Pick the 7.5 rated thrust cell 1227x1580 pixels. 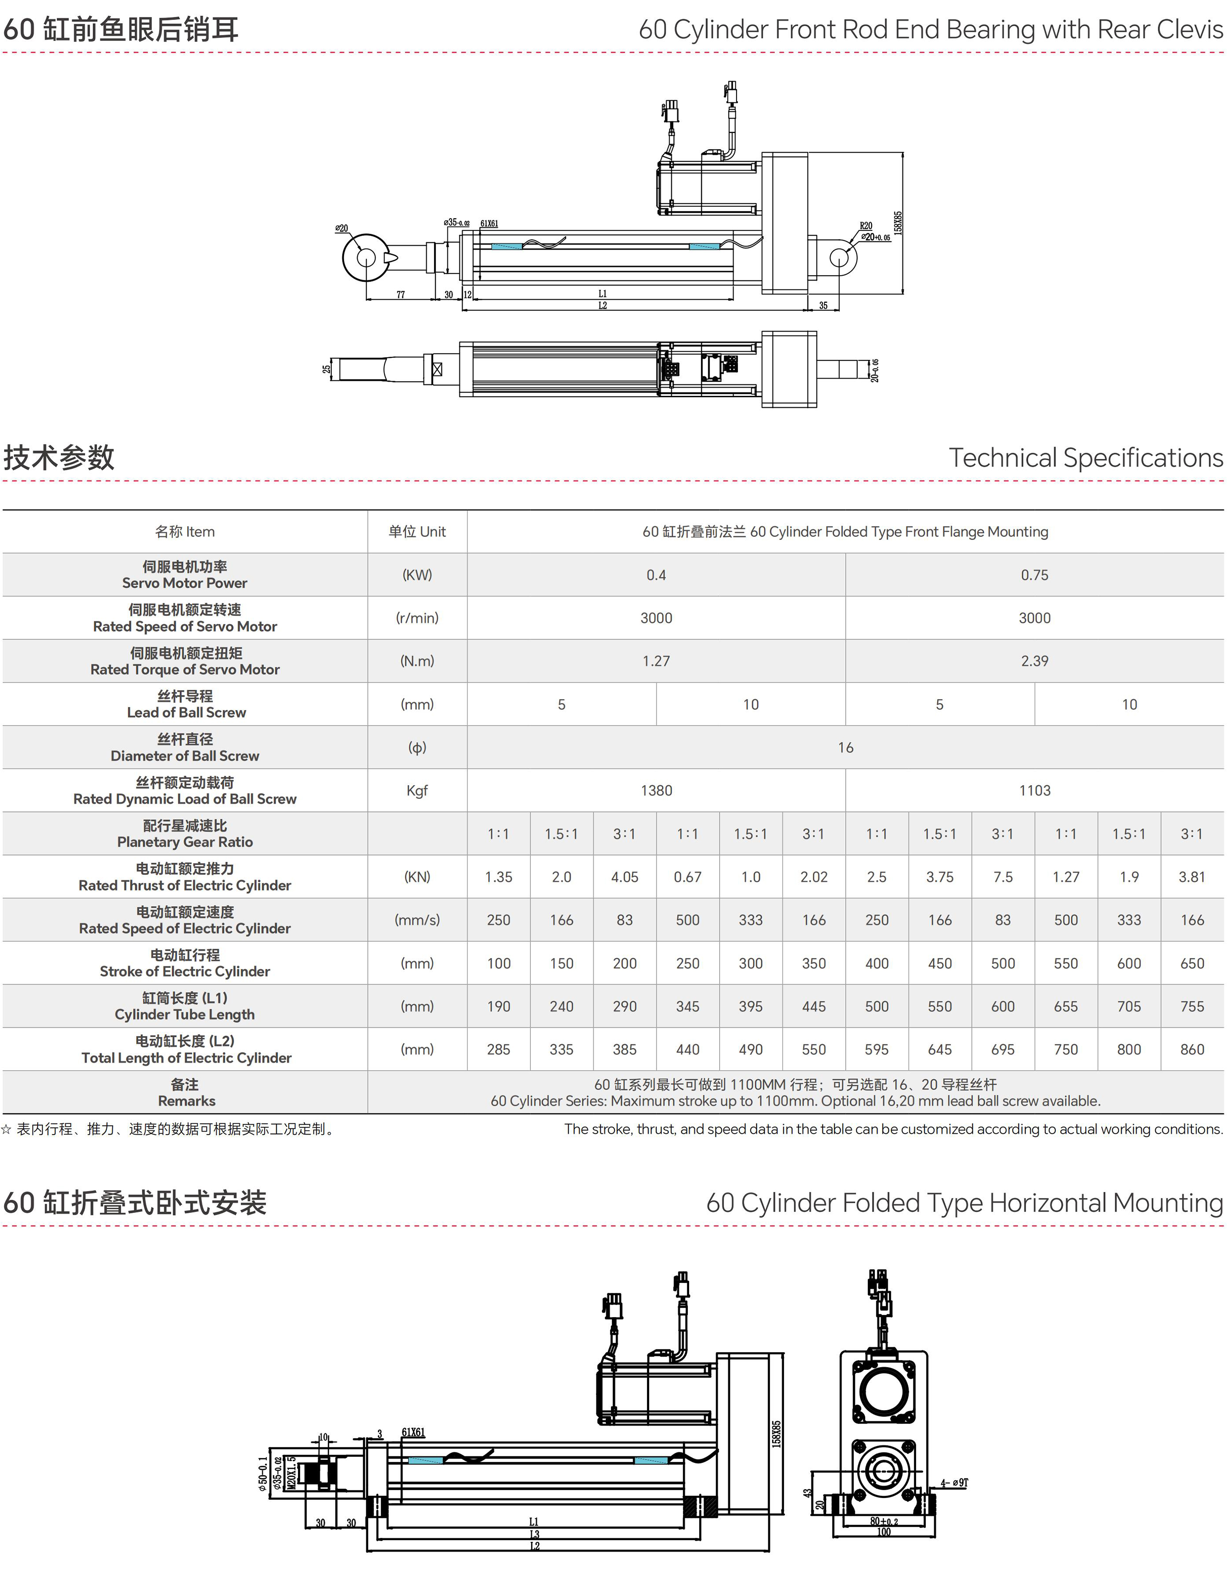[x=1003, y=877]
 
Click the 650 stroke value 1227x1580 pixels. [x=1192, y=964]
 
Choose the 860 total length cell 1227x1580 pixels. [x=1192, y=1050]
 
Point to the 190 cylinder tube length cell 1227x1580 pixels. [x=498, y=1006]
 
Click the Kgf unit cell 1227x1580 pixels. [x=417, y=791]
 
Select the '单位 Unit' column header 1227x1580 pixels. [x=417, y=532]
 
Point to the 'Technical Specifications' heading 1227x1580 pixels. [x=1085, y=458]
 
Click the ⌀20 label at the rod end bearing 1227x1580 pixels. [x=341, y=229]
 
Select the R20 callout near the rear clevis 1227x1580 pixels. [x=866, y=226]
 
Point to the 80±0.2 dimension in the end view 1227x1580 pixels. [x=884, y=1521]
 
